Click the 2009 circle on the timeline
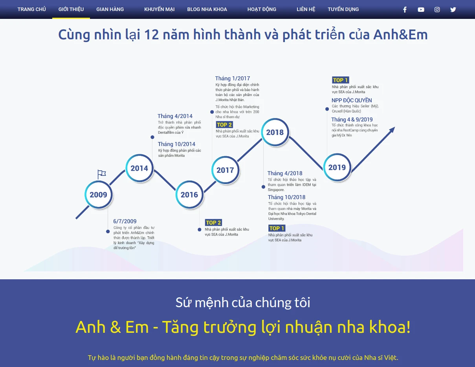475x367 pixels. click(x=98, y=194)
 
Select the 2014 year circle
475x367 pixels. click(x=139, y=168)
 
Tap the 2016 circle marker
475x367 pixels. click(x=189, y=195)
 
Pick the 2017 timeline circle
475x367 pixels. click(x=225, y=170)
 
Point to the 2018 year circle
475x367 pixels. click(x=275, y=132)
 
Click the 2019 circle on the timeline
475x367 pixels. click(x=337, y=168)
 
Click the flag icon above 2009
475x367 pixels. click(x=101, y=174)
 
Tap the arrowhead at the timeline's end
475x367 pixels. click(x=392, y=130)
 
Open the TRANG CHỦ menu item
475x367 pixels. click(x=31, y=9)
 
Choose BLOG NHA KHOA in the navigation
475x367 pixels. click(x=207, y=9)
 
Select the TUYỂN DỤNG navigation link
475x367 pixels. click(x=343, y=9)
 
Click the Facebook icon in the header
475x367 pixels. click(x=405, y=9)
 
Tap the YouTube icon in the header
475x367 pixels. click(x=421, y=9)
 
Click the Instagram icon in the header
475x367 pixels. click(x=437, y=9)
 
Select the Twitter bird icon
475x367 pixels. click(x=453, y=9)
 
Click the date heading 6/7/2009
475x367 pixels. click(x=125, y=221)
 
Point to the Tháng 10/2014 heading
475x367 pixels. click(x=176, y=144)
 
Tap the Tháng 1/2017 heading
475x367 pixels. click(x=233, y=78)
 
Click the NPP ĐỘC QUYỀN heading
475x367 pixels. click(x=352, y=100)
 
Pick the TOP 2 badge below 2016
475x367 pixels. click(x=213, y=223)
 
